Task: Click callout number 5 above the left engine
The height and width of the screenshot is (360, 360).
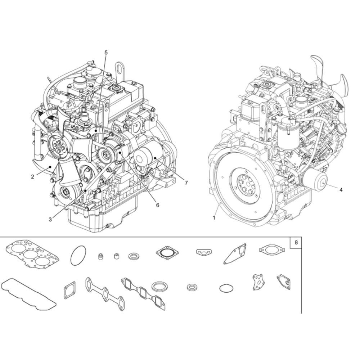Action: (106, 52)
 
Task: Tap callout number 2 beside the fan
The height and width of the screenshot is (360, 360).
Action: (33, 177)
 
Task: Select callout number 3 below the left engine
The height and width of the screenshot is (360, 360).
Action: (50, 220)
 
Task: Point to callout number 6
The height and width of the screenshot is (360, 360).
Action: (158, 205)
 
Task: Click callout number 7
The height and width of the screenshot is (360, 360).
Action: (186, 183)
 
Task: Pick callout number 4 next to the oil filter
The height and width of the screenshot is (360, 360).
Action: (341, 190)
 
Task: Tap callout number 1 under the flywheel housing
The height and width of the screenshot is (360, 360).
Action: (214, 218)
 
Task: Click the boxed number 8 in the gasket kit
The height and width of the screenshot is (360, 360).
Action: (296, 242)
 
